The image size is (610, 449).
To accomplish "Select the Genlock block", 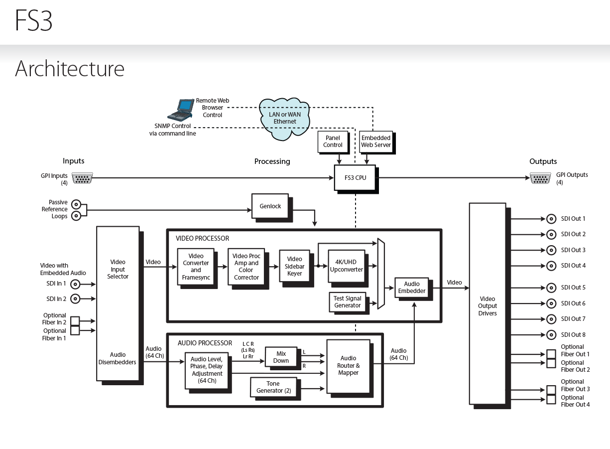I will click(270, 206).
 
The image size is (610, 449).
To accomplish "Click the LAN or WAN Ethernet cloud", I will click(284, 118).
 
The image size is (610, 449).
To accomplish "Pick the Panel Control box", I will click(333, 142).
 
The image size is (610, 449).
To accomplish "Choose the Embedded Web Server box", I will click(376, 142).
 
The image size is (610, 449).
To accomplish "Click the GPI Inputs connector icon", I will click(82, 178).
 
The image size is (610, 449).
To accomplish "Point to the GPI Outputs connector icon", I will click(540, 178).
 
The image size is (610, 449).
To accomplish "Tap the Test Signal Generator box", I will click(347, 302).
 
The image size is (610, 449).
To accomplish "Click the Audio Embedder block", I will click(412, 288).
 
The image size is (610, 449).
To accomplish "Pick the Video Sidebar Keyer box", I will click(294, 266).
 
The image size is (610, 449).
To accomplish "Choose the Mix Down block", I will click(281, 357).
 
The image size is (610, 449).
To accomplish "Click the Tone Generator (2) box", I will click(273, 387).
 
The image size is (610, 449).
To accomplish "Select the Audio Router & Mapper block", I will click(348, 365).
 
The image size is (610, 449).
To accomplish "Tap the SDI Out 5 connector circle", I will click(551, 288).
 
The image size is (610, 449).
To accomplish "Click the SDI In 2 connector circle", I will click(76, 299).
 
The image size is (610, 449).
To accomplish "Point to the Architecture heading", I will click(70, 68).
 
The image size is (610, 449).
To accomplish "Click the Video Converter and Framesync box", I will click(196, 267).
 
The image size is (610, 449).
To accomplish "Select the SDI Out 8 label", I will click(573, 335).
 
